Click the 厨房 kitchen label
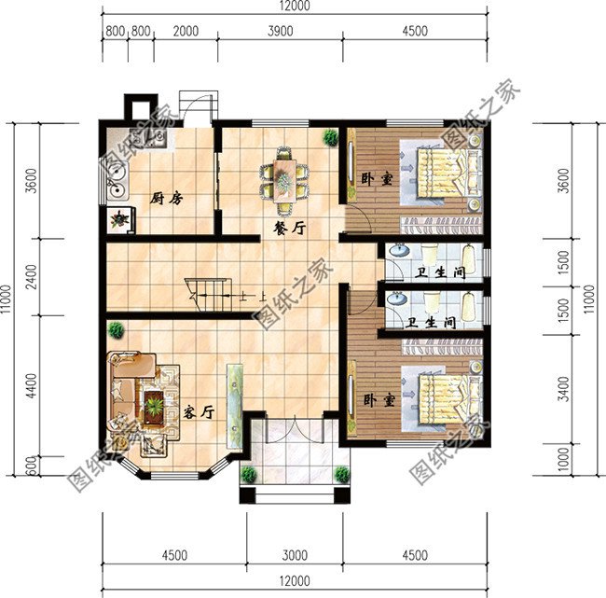(x=166, y=199)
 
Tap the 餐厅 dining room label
(x=289, y=229)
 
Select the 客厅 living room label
(x=199, y=412)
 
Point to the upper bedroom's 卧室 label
(x=377, y=179)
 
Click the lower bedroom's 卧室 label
(x=379, y=400)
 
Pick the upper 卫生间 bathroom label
(x=440, y=272)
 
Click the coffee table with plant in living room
(x=154, y=407)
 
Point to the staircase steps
(x=210, y=295)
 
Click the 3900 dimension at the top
(x=281, y=31)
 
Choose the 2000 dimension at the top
(x=186, y=31)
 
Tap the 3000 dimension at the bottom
(x=295, y=555)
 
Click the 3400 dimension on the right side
(x=564, y=389)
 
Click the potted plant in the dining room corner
(x=331, y=137)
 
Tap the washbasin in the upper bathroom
(x=399, y=251)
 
